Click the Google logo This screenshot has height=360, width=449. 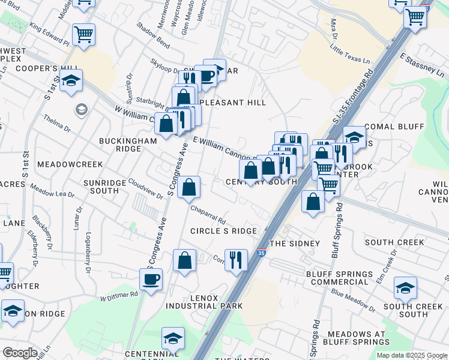click(20, 353)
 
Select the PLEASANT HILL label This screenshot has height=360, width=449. click(235, 103)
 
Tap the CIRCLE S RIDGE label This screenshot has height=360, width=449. click(223, 231)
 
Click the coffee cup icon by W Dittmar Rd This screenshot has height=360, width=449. click(151, 278)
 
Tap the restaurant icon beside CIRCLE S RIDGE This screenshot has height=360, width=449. click(236, 260)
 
